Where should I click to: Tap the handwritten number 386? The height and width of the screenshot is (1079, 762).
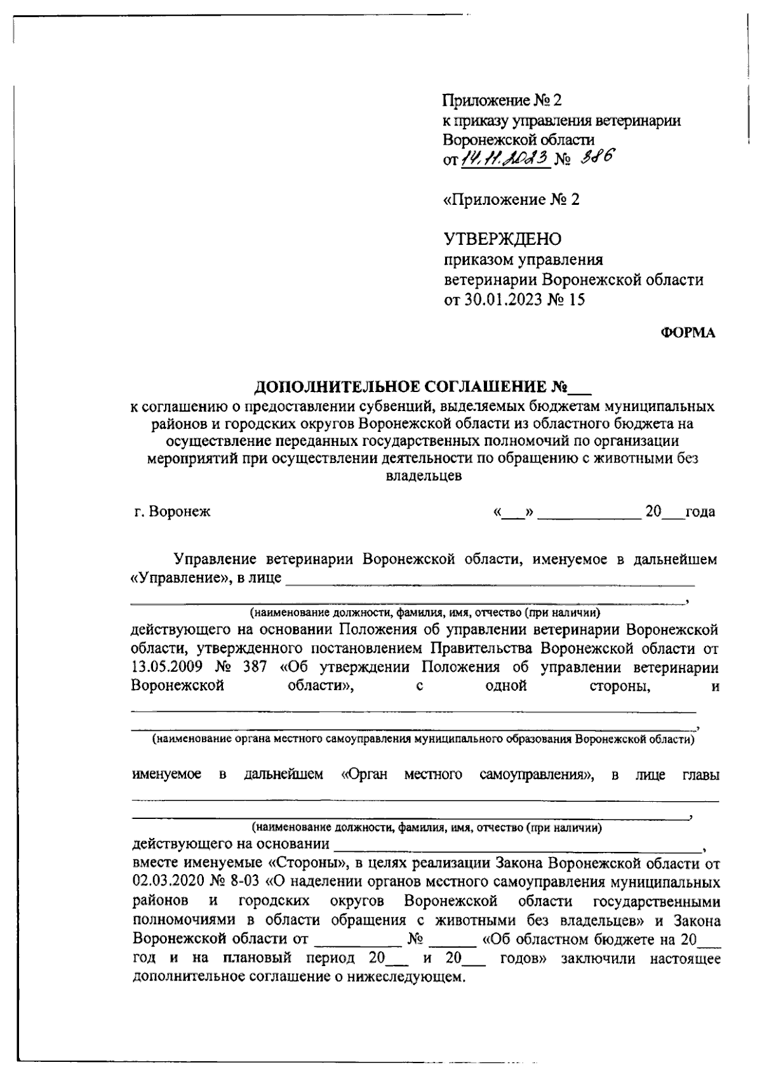click(x=597, y=157)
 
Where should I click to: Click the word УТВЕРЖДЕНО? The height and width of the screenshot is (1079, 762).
click(x=502, y=239)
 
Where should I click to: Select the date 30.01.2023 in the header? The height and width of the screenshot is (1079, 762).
click(x=504, y=300)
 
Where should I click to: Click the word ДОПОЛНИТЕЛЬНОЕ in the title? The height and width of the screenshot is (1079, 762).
click(x=336, y=386)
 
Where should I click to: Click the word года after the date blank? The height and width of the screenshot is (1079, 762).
click(x=700, y=511)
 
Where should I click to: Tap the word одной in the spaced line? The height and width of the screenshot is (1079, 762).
click(x=505, y=686)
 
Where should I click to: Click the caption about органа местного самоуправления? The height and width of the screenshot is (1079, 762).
click(x=422, y=740)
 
